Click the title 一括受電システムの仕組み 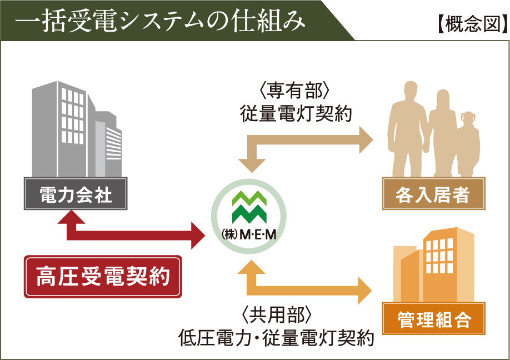point(160,21)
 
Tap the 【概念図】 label point(472,24)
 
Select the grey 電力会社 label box point(76,194)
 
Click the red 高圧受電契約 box point(103,277)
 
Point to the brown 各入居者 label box point(433,194)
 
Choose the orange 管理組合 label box point(433,319)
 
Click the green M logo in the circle point(249,207)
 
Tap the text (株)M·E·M point(249,234)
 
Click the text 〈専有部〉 point(294,91)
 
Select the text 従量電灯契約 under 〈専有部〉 point(296,114)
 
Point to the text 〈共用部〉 point(277,315)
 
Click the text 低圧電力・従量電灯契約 point(276,338)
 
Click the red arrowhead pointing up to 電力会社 point(71,217)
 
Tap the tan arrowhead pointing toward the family point(366,140)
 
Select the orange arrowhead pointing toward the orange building point(365,291)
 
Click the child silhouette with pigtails point(468,144)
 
